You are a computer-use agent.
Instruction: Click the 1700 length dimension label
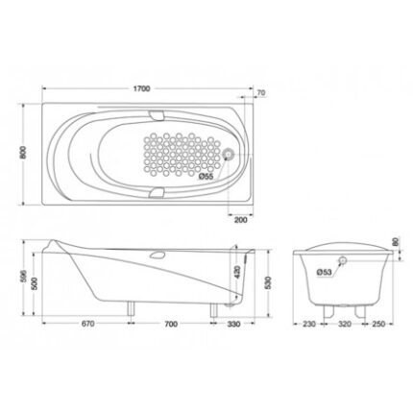[x=142, y=88]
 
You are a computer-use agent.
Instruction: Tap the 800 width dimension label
[x=23, y=153]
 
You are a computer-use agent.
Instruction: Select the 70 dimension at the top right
[x=261, y=93]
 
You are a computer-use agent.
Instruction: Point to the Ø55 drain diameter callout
[x=206, y=176]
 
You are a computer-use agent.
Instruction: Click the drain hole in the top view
[x=229, y=155]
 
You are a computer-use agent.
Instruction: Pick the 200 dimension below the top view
[x=241, y=220]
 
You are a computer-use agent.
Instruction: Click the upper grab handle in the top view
[x=157, y=115]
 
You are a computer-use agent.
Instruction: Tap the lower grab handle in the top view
[x=157, y=193]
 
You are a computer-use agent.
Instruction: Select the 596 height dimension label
[x=23, y=278]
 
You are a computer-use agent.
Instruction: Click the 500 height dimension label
[x=35, y=283]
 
